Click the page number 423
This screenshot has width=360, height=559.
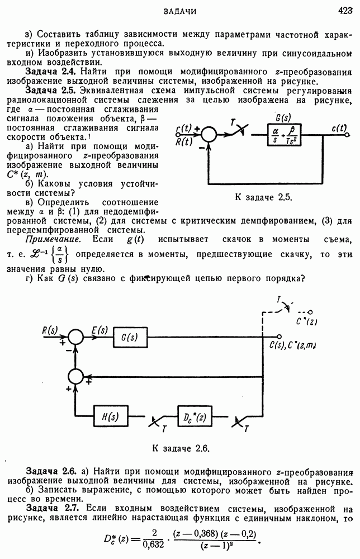(x=343, y=11)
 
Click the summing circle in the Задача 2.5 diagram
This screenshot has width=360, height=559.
(x=210, y=135)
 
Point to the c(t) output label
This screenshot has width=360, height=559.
(x=339, y=129)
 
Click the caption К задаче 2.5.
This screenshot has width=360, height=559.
(x=262, y=197)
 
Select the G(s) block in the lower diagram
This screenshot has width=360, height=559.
(x=129, y=338)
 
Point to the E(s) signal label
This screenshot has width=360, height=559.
(x=99, y=330)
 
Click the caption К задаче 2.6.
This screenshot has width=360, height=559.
(x=180, y=447)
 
